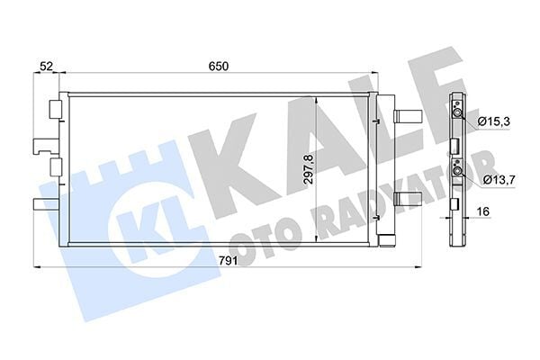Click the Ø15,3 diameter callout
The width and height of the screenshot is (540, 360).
495,121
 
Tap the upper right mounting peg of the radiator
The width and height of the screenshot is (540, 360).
406,116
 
